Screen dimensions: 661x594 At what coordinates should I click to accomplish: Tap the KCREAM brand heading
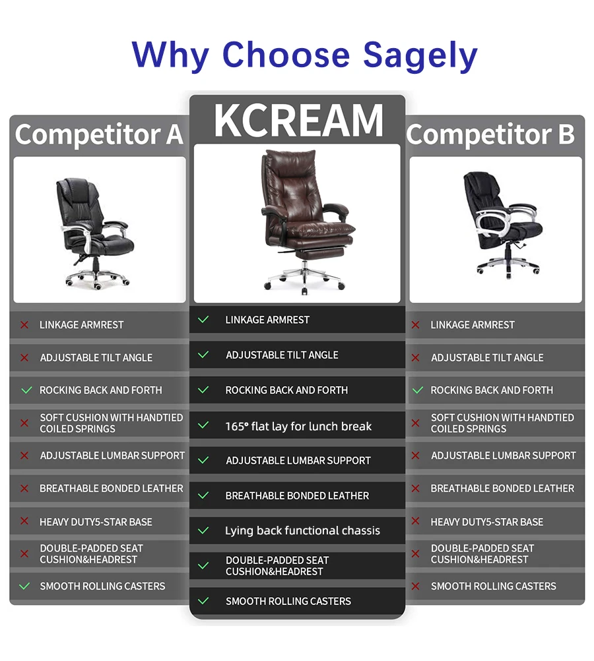[298, 120]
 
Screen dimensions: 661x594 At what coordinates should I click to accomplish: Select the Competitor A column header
[99, 134]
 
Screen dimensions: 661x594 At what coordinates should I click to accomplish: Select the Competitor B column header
[491, 134]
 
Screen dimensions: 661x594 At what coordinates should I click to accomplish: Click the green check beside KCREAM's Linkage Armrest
[203, 320]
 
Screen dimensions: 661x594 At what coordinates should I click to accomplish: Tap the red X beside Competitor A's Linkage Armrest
[24, 325]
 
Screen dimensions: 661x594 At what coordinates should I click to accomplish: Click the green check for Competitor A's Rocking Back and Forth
[26, 390]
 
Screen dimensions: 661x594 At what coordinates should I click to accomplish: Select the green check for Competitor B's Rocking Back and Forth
[417, 390]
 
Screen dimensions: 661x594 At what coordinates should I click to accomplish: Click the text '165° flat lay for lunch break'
[298, 426]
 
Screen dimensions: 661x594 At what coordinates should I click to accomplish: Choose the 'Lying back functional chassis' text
[302, 531]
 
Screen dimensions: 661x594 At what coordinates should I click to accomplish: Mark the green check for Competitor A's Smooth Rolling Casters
[24, 586]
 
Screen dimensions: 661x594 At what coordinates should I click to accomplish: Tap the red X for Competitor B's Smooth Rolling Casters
[416, 586]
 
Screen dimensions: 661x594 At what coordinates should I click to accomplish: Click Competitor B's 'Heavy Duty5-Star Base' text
[487, 522]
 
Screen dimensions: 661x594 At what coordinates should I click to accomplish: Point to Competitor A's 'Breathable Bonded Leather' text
[112, 488]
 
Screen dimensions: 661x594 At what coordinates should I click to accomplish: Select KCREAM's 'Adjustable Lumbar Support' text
[298, 461]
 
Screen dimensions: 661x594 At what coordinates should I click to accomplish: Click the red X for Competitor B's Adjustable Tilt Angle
[416, 358]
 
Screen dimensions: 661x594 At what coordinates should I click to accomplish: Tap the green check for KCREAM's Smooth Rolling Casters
[203, 601]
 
